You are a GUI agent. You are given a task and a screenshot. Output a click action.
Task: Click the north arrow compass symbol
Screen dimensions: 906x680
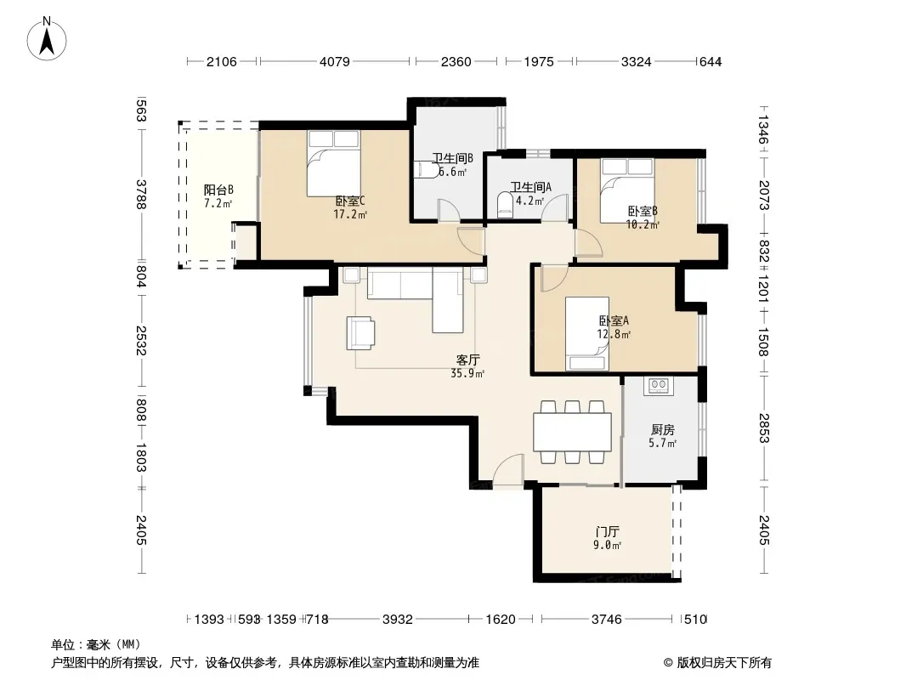(x=47, y=38)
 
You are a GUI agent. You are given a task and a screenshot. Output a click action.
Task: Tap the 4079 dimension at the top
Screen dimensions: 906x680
(x=335, y=61)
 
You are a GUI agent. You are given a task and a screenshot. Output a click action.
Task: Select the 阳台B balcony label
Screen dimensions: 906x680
(x=218, y=190)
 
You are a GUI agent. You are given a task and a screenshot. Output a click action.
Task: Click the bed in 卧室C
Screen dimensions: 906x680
(x=333, y=163)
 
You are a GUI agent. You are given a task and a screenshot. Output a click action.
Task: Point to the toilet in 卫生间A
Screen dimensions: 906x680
(x=505, y=205)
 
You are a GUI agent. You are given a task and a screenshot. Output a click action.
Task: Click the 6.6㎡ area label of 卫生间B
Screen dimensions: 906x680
(x=452, y=172)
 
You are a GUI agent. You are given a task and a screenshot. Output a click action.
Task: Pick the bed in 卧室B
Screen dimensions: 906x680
(x=627, y=190)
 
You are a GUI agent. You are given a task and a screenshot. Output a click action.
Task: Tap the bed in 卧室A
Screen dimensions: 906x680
(x=587, y=333)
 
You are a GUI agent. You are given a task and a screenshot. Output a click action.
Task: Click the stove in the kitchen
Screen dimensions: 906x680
(x=659, y=386)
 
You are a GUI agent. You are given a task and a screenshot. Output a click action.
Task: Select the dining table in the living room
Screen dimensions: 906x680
(x=573, y=432)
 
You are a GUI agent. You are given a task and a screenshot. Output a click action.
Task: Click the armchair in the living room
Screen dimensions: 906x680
(x=360, y=333)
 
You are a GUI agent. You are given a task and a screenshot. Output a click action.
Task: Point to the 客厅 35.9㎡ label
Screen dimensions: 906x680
(x=467, y=366)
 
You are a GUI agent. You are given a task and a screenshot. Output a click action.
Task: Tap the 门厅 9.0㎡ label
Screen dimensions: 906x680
(x=608, y=538)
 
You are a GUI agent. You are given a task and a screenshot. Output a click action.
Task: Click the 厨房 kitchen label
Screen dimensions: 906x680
(x=663, y=430)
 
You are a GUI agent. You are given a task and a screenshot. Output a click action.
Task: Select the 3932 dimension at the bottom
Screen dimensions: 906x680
(x=398, y=620)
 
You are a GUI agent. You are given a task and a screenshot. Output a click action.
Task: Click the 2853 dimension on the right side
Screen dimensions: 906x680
(x=764, y=428)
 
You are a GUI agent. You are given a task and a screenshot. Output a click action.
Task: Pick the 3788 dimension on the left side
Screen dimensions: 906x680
(x=141, y=194)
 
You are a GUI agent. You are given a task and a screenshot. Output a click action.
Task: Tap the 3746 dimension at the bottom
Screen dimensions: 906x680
(x=607, y=620)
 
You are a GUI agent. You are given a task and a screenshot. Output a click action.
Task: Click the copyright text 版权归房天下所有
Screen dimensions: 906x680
(x=724, y=663)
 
